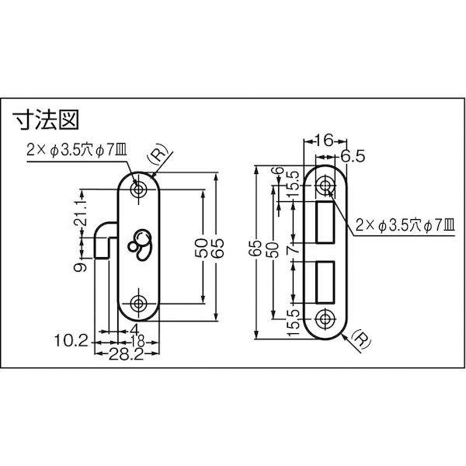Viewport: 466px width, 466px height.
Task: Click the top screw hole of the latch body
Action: pos(140,189)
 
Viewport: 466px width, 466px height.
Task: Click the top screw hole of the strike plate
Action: pos(325,185)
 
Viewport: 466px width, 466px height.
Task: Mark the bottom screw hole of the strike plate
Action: pos(325,317)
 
